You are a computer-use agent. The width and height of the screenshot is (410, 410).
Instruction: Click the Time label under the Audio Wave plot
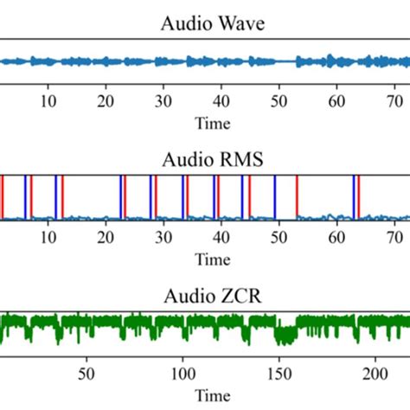pyautogui.click(x=213, y=124)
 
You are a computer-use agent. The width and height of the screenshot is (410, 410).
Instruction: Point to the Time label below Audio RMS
pyautogui.click(x=213, y=259)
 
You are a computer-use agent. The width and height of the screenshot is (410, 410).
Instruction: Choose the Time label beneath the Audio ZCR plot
pyautogui.click(x=213, y=395)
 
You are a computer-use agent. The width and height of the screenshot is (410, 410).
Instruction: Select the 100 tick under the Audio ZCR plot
pyautogui.click(x=183, y=374)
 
